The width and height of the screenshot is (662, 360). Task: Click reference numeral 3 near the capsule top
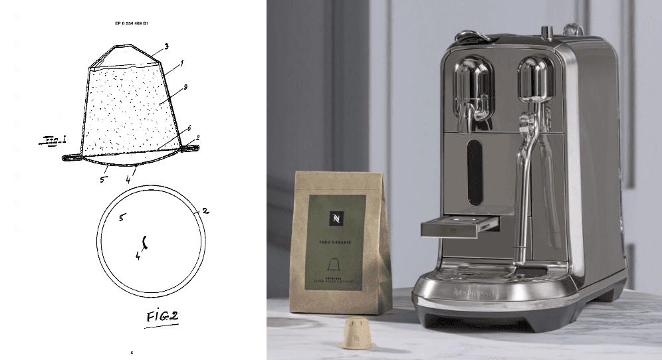click(x=165, y=46)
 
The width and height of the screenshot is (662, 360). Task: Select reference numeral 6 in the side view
click(x=189, y=128)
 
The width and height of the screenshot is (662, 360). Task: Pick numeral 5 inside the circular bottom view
click(x=120, y=217)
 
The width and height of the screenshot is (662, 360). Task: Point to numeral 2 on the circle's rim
click(x=205, y=211)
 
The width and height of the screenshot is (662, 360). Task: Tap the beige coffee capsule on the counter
click(x=355, y=332)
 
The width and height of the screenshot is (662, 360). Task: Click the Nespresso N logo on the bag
click(x=335, y=219)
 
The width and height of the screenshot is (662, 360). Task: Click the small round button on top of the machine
click(x=547, y=31)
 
